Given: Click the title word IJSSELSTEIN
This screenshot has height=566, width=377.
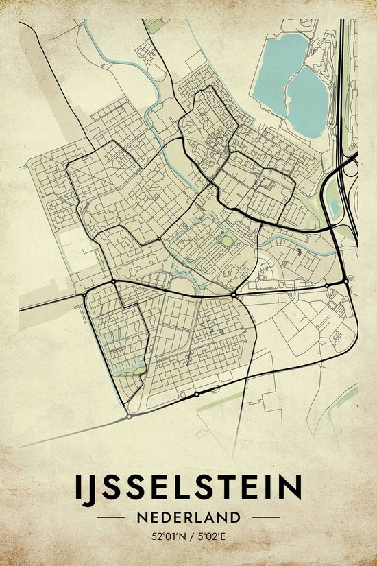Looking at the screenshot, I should (188, 488).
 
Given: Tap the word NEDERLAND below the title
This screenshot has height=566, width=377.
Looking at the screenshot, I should (188, 517).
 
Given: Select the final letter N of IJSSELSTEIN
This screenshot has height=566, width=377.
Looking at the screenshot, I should (291, 488).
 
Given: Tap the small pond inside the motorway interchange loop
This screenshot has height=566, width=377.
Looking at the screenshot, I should (335, 206).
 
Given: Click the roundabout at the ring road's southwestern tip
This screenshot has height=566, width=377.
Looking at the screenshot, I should (129, 416).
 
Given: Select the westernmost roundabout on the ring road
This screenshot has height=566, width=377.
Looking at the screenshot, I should (84, 294).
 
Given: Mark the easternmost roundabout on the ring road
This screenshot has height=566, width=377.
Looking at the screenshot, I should (345, 281).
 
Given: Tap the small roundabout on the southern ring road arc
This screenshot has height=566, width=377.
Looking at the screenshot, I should (197, 394).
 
